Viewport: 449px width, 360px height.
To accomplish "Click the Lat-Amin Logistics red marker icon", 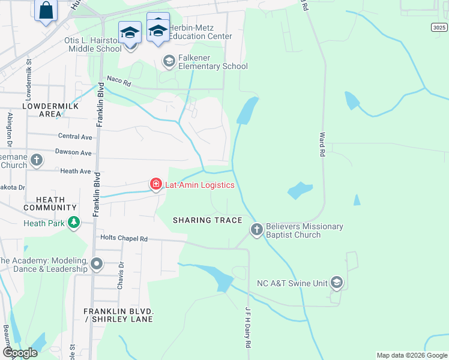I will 155,184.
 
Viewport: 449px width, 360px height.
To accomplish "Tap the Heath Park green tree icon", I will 74,223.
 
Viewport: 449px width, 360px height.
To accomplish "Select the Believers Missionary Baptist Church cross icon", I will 256,230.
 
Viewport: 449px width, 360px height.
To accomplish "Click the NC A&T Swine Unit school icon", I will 337,282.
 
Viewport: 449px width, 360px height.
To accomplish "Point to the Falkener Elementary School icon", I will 169,61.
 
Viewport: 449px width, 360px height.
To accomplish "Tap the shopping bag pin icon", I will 46,10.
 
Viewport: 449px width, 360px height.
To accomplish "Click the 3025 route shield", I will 439,28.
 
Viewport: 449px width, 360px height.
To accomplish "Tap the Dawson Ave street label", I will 73,153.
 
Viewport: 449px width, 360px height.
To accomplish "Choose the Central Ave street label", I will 75,137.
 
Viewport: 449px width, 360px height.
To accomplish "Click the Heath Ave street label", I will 76,171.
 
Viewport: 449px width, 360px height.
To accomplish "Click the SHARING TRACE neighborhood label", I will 207,220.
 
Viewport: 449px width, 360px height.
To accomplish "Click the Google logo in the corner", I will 20,353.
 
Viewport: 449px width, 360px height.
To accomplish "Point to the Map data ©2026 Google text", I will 411,355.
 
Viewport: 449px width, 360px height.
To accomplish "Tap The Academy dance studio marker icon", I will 97,263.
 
